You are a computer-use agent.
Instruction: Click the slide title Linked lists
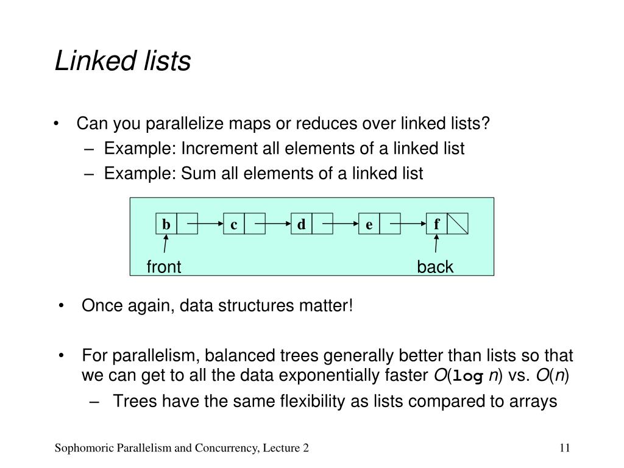[x=122, y=62]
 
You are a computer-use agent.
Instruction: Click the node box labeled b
[x=166, y=225]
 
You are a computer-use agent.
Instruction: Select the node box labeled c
[x=234, y=225]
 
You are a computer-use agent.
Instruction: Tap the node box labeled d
[x=301, y=225]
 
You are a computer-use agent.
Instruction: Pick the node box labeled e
[x=369, y=225]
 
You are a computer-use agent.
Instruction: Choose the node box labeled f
[x=436, y=225]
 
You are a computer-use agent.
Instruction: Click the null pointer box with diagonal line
[x=458, y=225]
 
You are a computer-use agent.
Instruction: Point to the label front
[x=164, y=267]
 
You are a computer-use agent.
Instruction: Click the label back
[x=435, y=267]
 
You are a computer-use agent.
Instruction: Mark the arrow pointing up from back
[x=436, y=246]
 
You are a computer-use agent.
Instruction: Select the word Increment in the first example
[x=213, y=149]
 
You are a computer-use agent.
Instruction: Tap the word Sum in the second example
[x=191, y=174]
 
